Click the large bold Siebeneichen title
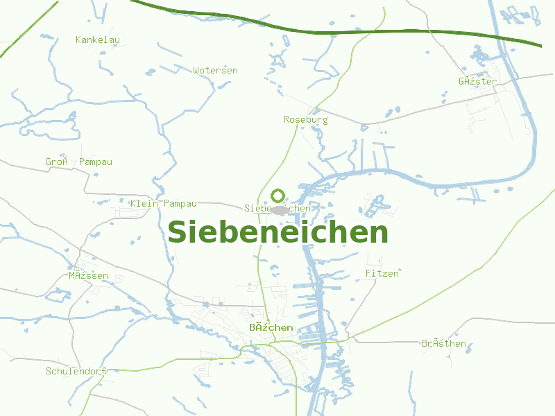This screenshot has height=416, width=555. coord(277,232)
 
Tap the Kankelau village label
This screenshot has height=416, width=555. coord(98,40)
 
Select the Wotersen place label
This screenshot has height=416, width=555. coord(216,71)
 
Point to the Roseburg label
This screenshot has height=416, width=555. coord(306,120)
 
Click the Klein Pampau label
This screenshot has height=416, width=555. coord(164,204)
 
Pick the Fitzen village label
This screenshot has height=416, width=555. coord(382,274)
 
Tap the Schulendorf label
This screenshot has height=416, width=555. coord(76,371)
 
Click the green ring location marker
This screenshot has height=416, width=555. coord(277,196)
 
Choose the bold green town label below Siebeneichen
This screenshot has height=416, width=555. coord(271,327)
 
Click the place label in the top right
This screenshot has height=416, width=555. coord(477,82)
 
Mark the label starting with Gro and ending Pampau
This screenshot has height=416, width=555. coord(79,162)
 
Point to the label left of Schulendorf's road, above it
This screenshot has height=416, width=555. coord(89,276)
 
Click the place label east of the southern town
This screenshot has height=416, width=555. coord(444,344)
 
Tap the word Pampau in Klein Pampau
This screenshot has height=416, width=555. coord(180,204)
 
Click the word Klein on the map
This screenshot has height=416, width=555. coord(145,204)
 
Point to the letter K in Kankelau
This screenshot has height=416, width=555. coord(78,40)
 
